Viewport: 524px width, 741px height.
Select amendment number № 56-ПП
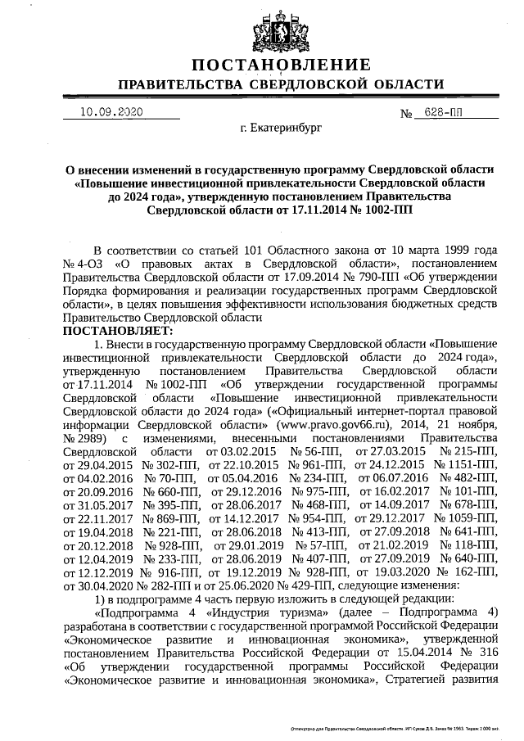pyautogui.click(x=308, y=450)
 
